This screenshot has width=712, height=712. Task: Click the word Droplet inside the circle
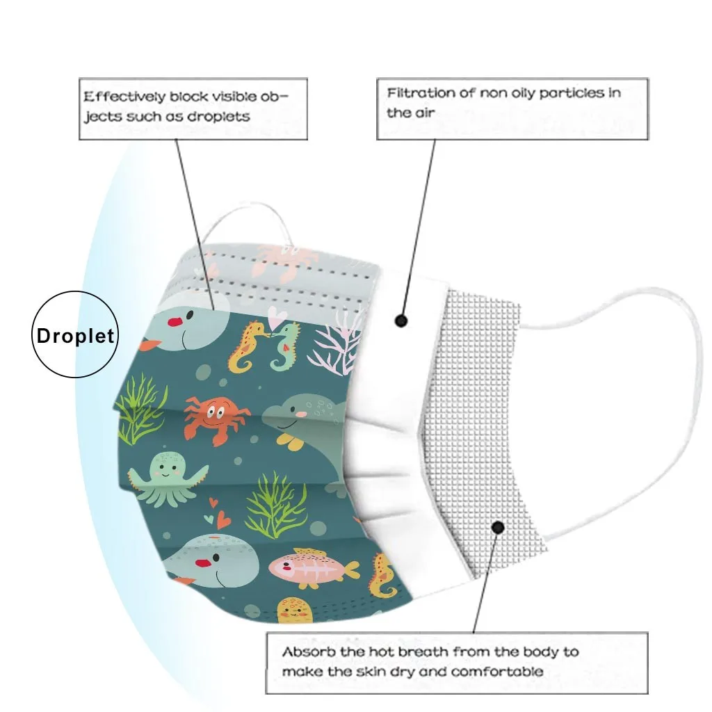pos(75,337)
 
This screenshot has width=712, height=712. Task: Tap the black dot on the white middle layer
pos(400,321)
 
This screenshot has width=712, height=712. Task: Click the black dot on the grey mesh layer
pos(498,528)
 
